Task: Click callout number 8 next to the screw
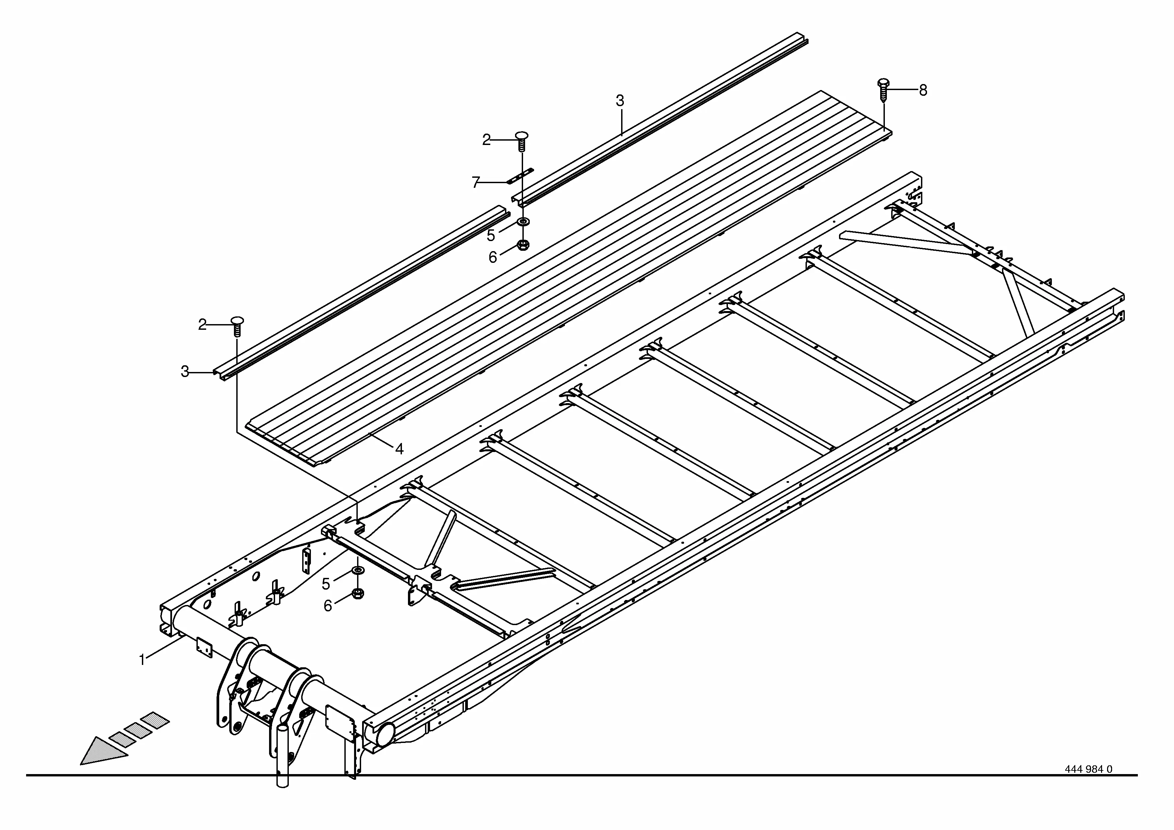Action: (923, 90)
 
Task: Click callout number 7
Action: (476, 182)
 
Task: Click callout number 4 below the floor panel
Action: (399, 449)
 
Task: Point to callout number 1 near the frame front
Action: (142, 660)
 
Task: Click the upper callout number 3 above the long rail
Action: (620, 101)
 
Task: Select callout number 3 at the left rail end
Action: (185, 372)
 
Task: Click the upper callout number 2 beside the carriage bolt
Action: (486, 140)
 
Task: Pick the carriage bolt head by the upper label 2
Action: (521, 136)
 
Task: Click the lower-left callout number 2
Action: (202, 324)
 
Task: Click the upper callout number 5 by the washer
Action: (491, 236)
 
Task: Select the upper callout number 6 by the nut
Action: (492, 257)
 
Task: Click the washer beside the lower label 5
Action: (357, 571)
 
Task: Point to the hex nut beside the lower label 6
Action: (357, 594)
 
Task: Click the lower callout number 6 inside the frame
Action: (328, 605)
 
